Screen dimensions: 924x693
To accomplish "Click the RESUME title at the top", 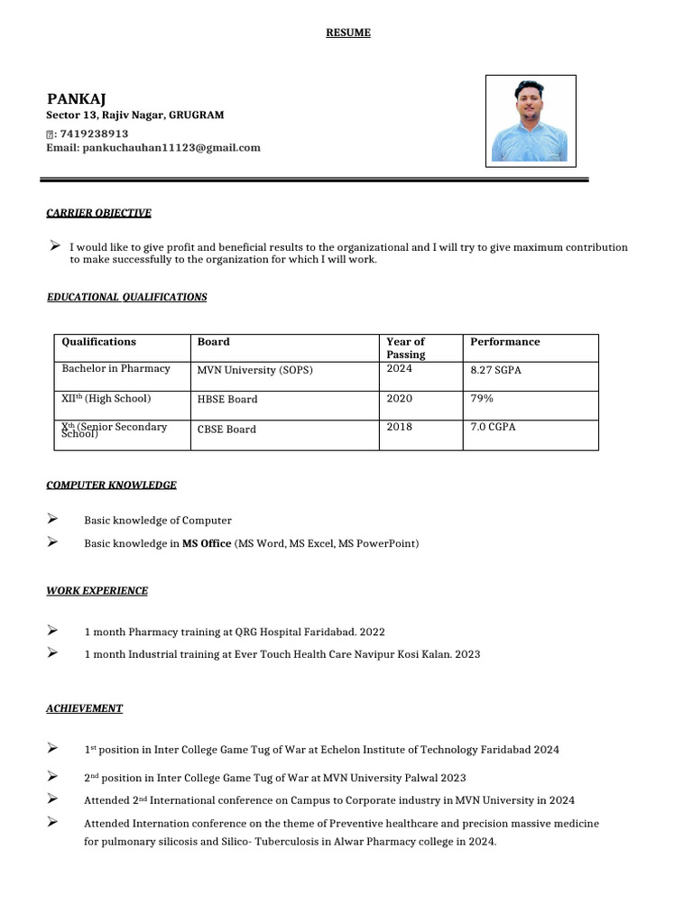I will click(x=347, y=33).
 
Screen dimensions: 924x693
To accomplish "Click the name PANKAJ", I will click(x=77, y=98).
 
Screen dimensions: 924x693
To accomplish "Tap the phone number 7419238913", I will click(x=94, y=133).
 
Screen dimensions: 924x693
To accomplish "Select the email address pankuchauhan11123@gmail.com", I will click(x=171, y=147).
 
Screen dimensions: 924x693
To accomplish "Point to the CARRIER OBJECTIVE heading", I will click(x=98, y=213).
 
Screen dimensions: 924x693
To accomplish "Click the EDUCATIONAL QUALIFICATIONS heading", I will click(x=126, y=297).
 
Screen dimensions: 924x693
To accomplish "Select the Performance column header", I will click(x=505, y=342).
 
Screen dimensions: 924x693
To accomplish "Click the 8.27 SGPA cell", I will click(x=497, y=369).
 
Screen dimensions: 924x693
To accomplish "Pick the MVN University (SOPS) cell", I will click(x=255, y=370).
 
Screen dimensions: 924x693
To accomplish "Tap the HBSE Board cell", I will click(x=227, y=399).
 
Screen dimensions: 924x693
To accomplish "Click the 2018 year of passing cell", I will click(x=399, y=427).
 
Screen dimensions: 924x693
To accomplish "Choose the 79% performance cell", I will click(x=482, y=398).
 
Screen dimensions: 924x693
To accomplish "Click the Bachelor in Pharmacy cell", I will click(x=115, y=368).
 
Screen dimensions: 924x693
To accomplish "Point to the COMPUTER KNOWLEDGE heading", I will click(x=111, y=485).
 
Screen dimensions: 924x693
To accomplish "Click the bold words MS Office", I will click(x=207, y=543).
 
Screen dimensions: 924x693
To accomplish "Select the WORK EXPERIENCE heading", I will click(x=97, y=591).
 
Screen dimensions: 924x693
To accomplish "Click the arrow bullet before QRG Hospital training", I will click(x=52, y=631).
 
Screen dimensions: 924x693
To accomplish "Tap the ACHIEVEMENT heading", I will click(x=84, y=708).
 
